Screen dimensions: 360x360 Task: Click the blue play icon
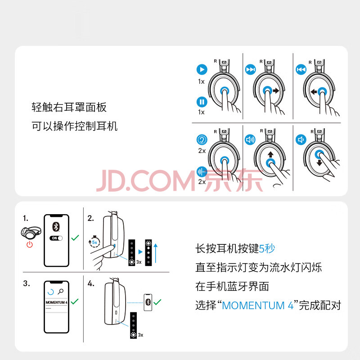[x=202, y=69]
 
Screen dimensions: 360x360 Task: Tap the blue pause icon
[x=202, y=102]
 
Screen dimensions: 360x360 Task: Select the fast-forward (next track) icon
[x=251, y=69]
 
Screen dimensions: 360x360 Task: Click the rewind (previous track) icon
[x=301, y=69]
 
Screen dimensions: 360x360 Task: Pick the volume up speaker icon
[x=250, y=139]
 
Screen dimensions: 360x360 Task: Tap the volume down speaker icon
[x=301, y=139]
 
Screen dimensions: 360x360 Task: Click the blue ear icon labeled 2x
[x=202, y=139]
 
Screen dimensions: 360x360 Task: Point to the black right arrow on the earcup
[x=276, y=91]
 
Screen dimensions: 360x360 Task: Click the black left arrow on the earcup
[x=314, y=92]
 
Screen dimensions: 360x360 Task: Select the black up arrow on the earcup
[x=271, y=154]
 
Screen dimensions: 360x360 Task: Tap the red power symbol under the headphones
[x=30, y=244]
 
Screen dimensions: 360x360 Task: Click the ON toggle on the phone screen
[x=56, y=238]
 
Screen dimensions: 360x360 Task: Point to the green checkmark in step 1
[x=75, y=238]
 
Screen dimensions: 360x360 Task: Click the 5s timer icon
[x=94, y=242]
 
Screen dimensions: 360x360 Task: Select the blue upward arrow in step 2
[x=156, y=253]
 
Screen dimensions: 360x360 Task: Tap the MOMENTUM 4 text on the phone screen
[x=57, y=302]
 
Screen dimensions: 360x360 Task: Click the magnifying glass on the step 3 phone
[x=61, y=292]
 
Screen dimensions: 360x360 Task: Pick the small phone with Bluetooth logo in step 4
[x=148, y=302]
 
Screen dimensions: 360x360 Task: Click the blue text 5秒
[x=267, y=248]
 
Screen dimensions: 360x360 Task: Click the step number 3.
[x=27, y=283]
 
